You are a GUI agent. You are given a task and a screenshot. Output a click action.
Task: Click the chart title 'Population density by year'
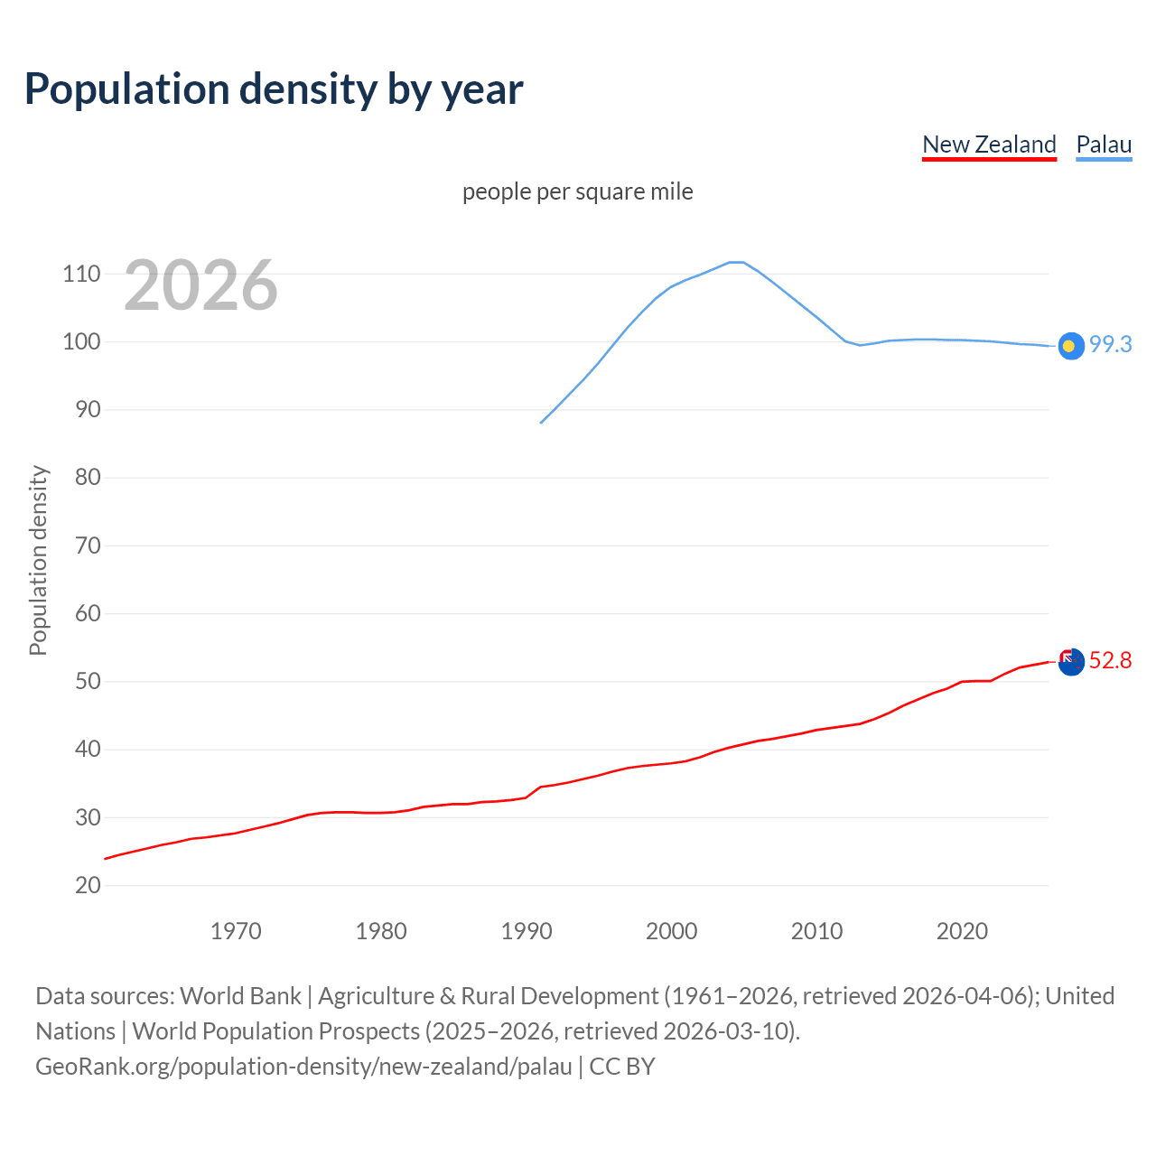pos(274,89)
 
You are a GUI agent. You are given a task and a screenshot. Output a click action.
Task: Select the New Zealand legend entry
pos(989,144)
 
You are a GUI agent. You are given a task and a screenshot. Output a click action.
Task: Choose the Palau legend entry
pos(1104,144)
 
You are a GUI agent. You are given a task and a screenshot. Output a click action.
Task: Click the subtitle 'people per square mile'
pos(577,191)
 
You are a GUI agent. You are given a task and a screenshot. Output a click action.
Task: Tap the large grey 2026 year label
pos(200,285)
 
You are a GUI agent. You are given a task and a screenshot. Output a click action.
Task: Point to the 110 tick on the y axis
pos(81,274)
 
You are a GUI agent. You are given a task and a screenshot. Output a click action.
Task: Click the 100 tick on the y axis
pos(81,341)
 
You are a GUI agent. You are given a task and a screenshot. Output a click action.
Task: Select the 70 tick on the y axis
pos(88,545)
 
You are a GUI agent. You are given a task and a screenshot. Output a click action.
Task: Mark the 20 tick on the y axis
pos(88,885)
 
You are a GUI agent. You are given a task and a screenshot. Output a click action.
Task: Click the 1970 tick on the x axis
pos(236,931)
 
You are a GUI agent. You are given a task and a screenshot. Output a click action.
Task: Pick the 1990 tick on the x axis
pos(527,931)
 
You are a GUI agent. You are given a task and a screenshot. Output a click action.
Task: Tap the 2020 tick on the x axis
pos(962,931)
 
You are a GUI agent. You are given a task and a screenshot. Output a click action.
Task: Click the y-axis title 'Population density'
pos(38,560)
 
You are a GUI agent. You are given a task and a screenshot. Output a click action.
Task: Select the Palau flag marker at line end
pos(1070,346)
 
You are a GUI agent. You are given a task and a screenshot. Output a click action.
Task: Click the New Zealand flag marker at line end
pos(1070,662)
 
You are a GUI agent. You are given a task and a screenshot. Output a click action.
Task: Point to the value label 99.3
pos(1110,344)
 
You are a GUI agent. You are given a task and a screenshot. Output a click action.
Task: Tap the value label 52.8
pos(1110,660)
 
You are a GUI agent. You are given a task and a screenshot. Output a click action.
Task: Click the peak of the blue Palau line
pos(736,262)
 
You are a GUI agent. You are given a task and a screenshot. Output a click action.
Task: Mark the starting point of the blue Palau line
pos(541,423)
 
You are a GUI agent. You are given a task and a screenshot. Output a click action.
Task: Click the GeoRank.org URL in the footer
pos(303,1067)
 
